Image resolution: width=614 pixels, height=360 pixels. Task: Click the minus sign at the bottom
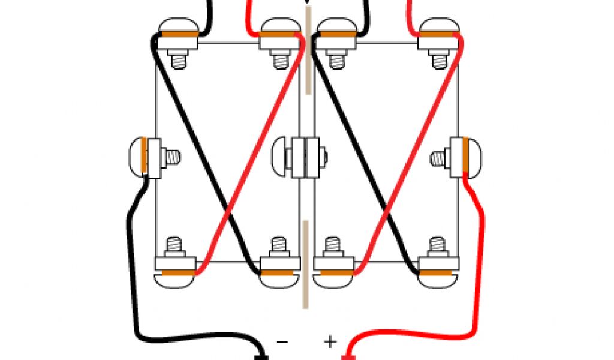[x=282, y=343]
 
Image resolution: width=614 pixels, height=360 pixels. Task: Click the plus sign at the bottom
[x=330, y=341]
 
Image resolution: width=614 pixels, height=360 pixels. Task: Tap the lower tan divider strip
[x=306, y=264]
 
